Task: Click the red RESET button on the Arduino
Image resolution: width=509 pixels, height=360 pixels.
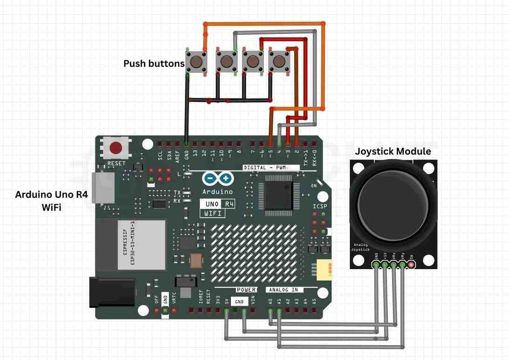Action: (116, 148)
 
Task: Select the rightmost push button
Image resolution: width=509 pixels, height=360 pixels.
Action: (280, 61)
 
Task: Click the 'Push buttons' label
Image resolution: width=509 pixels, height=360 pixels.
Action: (154, 63)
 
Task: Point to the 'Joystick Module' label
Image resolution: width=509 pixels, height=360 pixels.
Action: (393, 152)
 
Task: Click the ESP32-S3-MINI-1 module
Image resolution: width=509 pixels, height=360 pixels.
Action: (141, 245)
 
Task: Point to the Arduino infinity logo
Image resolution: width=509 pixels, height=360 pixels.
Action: (218, 179)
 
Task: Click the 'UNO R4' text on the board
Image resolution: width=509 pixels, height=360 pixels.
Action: (218, 204)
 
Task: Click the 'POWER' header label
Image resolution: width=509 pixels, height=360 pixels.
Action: (245, 290)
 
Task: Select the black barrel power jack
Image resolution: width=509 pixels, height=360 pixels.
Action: (112, 292)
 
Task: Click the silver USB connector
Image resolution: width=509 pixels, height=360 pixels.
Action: (103, 188)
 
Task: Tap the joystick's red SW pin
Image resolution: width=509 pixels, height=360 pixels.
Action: (411, 265)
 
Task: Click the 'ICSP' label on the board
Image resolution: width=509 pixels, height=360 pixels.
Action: (320, 206)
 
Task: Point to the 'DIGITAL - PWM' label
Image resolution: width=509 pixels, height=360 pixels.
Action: (265, 167)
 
